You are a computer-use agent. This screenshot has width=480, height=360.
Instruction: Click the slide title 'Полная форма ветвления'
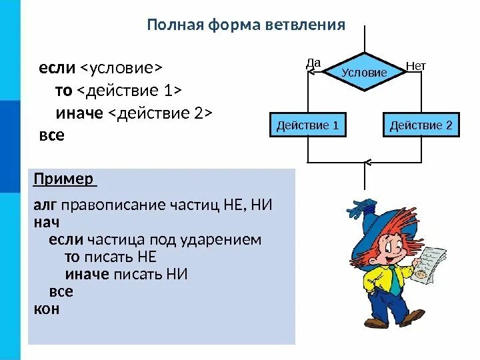click(x=245, y=25)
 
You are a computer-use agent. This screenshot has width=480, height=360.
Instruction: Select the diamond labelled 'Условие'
click(x=364, y=71)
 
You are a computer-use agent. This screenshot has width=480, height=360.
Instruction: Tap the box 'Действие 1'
click(x=308, y=125)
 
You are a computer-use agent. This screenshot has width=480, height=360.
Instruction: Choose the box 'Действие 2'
click(x=421, y=125)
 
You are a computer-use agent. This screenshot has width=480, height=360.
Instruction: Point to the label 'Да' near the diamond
click(x=313, y=63)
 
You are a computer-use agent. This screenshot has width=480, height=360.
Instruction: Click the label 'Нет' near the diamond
click(x=415, y=66)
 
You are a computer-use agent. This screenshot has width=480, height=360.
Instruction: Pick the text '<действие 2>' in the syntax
click(x=159, y=113)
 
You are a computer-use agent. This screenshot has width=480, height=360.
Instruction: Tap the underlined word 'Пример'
click(x=64, y=180)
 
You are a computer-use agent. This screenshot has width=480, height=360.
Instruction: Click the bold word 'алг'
click(x=45, y=205)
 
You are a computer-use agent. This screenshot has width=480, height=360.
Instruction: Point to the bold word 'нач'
click(x=47, y=222)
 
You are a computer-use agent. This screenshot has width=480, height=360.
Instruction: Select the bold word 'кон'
click(x=47, y=309)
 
